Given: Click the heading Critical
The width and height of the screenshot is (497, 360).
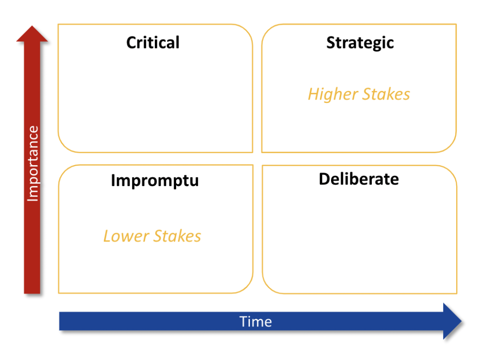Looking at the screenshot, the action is coord(153,42).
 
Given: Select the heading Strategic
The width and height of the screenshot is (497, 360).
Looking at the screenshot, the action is coord(360,43).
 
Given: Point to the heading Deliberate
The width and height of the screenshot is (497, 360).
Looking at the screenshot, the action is coord(359,179).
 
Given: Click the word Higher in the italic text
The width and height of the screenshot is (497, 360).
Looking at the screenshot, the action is coord(333,95).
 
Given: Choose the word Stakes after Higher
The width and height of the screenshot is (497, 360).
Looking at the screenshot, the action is coord(386,94).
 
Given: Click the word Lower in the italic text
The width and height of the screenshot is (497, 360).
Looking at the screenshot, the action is coord(126,236).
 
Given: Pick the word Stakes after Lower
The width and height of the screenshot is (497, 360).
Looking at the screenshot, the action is coord(177,236).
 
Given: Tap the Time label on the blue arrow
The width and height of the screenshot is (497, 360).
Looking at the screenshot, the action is coord(255,322).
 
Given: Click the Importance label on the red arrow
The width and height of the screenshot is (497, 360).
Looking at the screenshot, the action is coord(33,164).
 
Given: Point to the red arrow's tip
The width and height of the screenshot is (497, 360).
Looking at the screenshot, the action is coord(32,26).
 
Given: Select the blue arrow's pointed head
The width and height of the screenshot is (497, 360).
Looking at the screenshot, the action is coord(461,321).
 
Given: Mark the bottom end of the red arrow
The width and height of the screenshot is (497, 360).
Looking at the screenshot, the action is coord(32,293).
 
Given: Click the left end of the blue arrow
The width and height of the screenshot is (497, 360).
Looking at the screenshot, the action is coord(60,321).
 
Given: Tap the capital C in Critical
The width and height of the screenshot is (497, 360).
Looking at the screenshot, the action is coord(131,42).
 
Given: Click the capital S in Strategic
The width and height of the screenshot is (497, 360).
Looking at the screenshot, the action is coord(331,42).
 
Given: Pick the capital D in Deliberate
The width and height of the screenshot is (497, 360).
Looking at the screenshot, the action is coord(325,179).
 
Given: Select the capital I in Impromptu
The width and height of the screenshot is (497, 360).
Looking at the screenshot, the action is coord(113,180).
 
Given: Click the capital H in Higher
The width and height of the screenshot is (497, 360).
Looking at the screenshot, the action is coord(314,94).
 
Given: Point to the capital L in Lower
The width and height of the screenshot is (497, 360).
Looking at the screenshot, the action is coord(108,236).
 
